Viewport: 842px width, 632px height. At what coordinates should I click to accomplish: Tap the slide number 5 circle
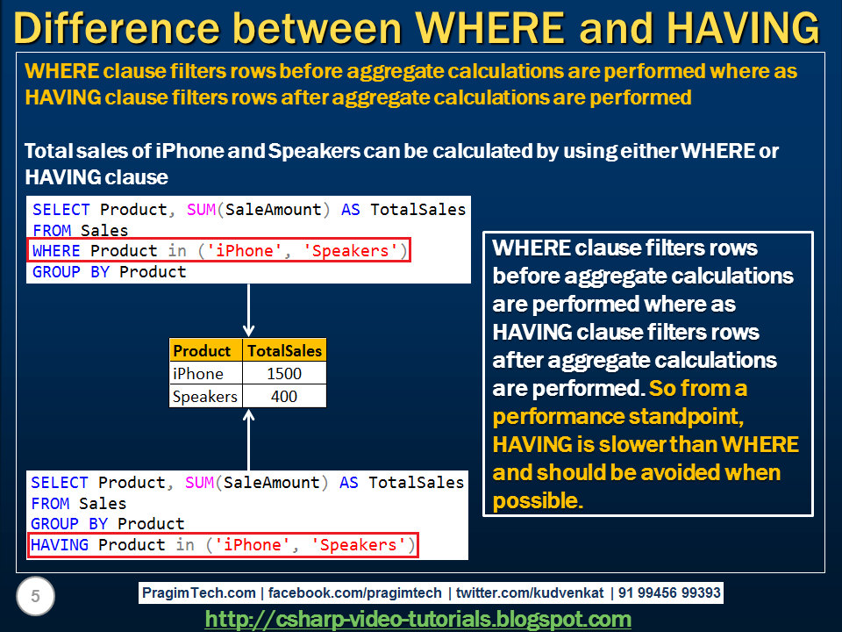click(x=35, y=598)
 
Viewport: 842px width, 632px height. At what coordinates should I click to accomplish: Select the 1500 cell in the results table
click(x=284, y=374)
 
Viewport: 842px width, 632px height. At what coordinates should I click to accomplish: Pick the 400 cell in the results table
click(x=284, y=397)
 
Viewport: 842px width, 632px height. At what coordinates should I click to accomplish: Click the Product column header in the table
click(x=202, y=351)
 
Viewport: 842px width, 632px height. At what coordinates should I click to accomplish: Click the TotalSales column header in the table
click(x=284, y=351)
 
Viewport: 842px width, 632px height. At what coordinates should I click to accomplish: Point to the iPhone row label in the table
click(x=197, y=374)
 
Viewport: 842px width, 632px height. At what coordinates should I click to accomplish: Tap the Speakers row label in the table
click(x=204, y=397)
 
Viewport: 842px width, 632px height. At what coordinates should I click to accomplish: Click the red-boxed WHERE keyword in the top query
click(x=56, y=251)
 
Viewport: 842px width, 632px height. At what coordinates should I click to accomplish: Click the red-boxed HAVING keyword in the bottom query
click(x=60, y=545)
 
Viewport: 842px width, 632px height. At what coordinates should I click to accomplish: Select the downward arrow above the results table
click(x=249, y=310)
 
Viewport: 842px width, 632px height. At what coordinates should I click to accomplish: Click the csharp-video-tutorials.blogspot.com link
click(x=417, y=620)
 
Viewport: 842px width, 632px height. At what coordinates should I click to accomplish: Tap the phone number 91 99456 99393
click(x=669, y=593)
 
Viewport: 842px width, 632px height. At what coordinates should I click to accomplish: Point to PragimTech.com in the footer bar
click(x=199, y=593)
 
